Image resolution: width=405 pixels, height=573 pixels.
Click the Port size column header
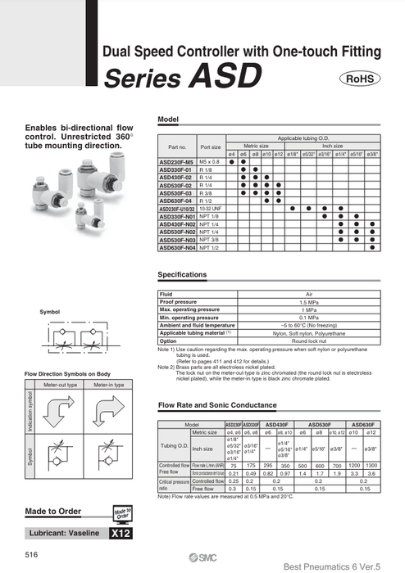tap(211, 147)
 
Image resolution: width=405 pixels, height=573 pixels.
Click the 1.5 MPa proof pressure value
tap(310, 302)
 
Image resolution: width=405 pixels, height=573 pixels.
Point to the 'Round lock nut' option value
tap(310, 341)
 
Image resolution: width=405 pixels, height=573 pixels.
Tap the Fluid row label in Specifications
tap(166, 294)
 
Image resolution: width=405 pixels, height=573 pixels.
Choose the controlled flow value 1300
tap(371, 466)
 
